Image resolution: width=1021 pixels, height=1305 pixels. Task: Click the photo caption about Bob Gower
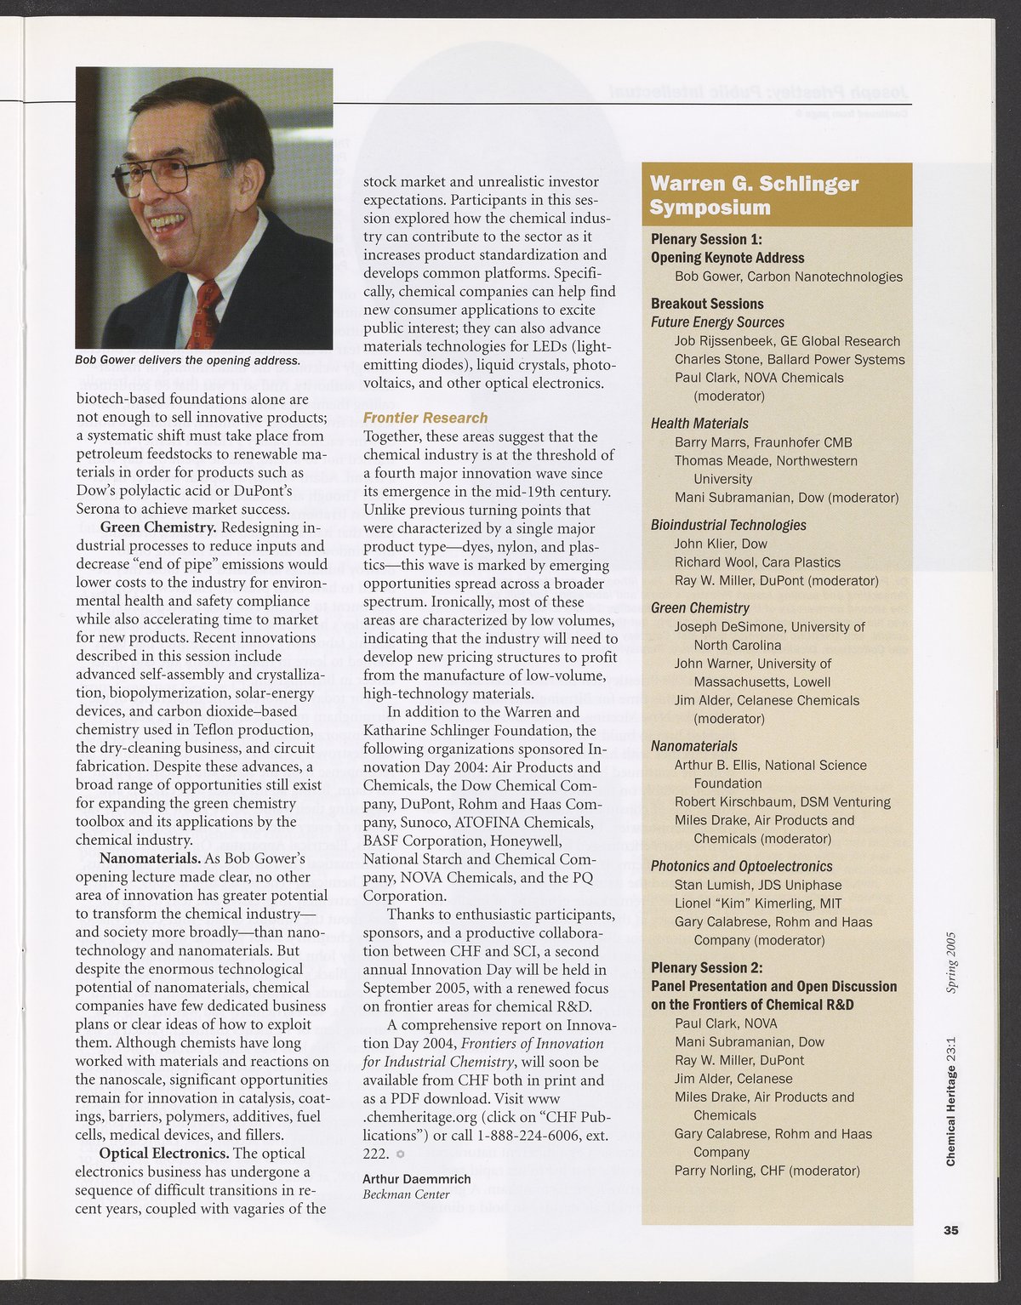[188, 360]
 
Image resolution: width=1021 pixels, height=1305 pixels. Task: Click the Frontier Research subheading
[425, 418]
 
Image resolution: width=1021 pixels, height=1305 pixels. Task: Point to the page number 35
[950, 1228]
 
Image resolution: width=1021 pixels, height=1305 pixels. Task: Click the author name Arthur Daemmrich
[416, 1179]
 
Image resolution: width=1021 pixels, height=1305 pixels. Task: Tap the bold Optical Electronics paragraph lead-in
[162, 1154]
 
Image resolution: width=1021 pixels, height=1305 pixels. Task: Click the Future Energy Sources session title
[717, 322]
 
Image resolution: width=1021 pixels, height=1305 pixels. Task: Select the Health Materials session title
[699, 424]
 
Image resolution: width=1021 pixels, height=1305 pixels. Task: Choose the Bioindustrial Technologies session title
[728, 525]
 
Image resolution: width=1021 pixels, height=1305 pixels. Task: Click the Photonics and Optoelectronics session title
[741, 866]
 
